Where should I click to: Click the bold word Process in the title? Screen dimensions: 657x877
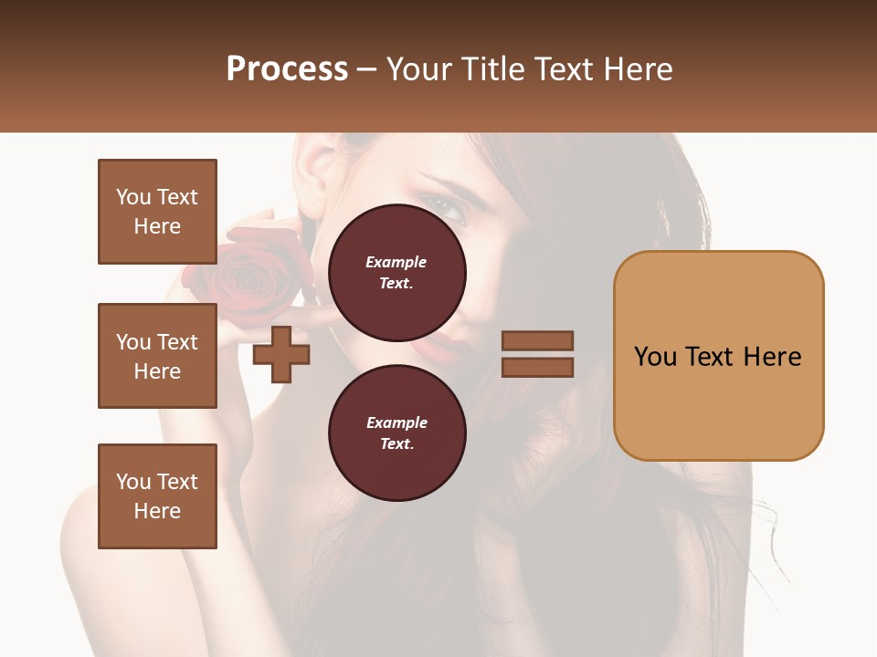coord(287,69)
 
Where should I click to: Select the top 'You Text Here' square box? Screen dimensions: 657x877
coord(157,212)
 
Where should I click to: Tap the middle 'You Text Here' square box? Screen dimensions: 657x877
coord(157,356)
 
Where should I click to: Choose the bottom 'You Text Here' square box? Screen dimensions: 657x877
coord(157,496)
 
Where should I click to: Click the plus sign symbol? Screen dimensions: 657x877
coord(281,354)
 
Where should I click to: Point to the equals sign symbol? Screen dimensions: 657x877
coord(537,354)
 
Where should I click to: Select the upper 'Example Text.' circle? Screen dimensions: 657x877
coord(396,273)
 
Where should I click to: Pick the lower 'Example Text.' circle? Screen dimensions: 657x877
coord(396,433)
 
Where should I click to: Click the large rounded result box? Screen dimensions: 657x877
coord(718,356)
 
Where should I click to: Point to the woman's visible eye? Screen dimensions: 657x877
coord(450,209)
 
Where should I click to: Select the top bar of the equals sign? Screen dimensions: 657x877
coord(537,341)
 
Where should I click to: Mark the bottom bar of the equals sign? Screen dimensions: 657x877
coord(537,367)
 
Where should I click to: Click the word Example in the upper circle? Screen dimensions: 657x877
coord(396,262)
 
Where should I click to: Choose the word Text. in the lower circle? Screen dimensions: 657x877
coord(396,444)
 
